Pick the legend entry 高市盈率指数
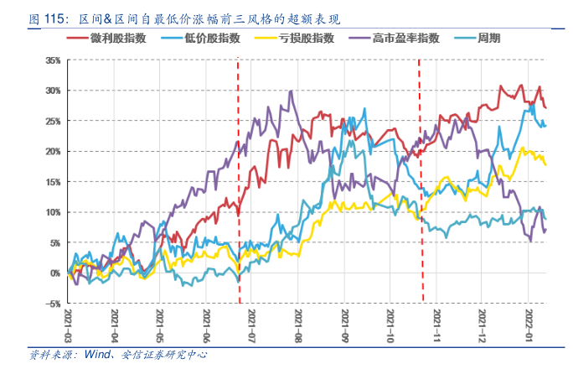tap(398, 39)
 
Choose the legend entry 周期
tap(487, 39)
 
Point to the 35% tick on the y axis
tap(53, 60)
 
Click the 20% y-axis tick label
tap(53, 152)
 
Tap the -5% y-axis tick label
tap(53, 304)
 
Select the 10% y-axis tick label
tap(53, 212)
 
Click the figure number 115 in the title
tap(57, 17)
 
